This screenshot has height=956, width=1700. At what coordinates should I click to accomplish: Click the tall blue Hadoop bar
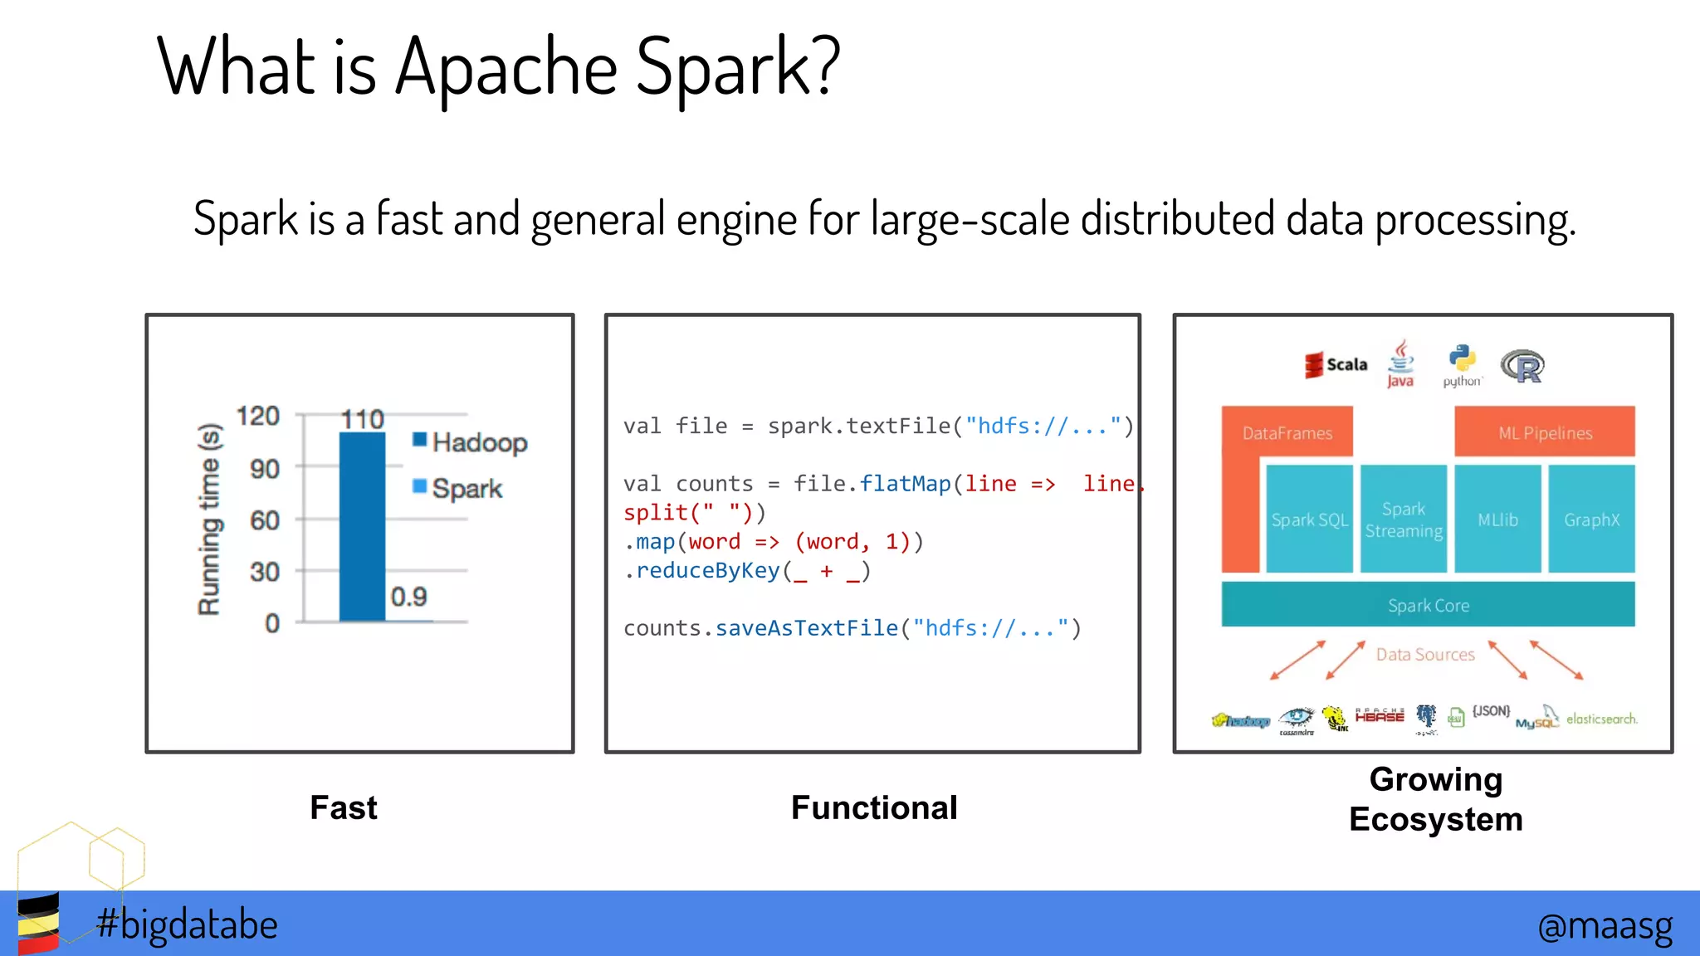[362, 526]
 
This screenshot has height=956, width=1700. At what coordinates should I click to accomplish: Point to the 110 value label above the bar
[363, 419]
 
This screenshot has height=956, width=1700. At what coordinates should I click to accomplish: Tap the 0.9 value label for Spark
[408, 597]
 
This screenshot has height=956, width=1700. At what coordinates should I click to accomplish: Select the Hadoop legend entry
[470, 442]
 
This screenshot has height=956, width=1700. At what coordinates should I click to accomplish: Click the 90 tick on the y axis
[265, 469]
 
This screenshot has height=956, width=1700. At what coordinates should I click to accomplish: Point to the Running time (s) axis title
[209, 519]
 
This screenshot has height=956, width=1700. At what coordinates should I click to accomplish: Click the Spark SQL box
[1309, 519]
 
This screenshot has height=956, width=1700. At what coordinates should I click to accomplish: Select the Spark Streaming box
[1404, 519]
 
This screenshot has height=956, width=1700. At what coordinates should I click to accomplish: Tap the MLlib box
[1497, 519]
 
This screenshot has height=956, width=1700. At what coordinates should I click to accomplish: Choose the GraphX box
[1591, 519]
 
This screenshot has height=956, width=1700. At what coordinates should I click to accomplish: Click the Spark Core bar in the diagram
[1428, 605]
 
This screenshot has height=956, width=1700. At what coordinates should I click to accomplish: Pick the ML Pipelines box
[1545, 432]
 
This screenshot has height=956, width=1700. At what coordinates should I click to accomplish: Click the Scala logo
[1336, 364]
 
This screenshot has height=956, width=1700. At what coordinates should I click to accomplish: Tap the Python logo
[1462, 366]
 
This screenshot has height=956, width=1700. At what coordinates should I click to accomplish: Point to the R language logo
[1522, 366]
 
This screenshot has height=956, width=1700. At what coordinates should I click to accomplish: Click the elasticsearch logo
[1601, 719]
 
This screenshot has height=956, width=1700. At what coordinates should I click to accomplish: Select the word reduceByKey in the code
[708, 571]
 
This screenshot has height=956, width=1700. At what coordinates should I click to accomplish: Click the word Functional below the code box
[874, 807]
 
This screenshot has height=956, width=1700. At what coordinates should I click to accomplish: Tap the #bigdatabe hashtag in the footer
[187, 924]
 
